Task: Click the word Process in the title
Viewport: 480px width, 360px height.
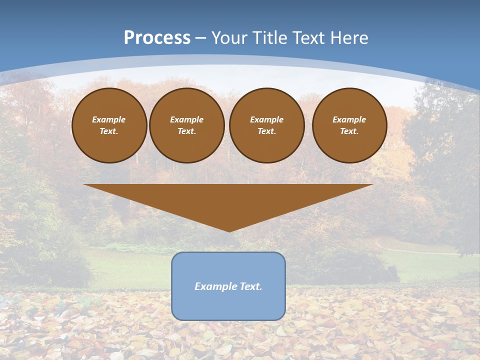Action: [x=157, y=38]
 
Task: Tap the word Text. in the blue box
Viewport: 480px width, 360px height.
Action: [x=249, y=286]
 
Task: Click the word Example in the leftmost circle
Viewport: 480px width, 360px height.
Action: [x=109, y=119]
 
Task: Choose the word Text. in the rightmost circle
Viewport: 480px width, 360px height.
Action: [x=349, y=131]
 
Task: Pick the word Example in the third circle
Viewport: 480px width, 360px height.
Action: [x=267, y=119]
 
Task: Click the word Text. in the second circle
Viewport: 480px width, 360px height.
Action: [x=187, y=131]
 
